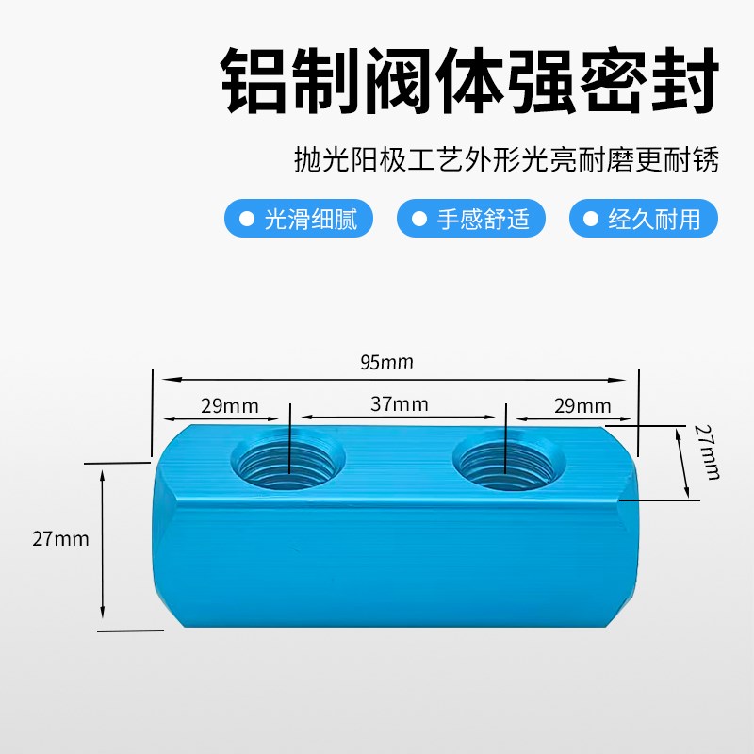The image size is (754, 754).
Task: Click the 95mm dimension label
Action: click(385, 362)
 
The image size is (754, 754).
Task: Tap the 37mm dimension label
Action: click(399, 404)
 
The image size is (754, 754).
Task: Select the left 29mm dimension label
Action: click(229, 406)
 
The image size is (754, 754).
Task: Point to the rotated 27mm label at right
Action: click(706, 451)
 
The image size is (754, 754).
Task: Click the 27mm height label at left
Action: click(59, 539)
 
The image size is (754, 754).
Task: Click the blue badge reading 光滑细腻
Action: click(299, 220)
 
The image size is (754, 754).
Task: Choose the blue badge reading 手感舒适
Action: click(471, 220)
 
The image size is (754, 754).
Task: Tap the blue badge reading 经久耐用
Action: click(644, 220)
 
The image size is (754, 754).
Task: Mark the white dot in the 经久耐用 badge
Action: click(591, 220)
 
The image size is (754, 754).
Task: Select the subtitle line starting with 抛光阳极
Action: click(507, 161)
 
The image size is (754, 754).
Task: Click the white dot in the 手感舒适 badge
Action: click(418, 220)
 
